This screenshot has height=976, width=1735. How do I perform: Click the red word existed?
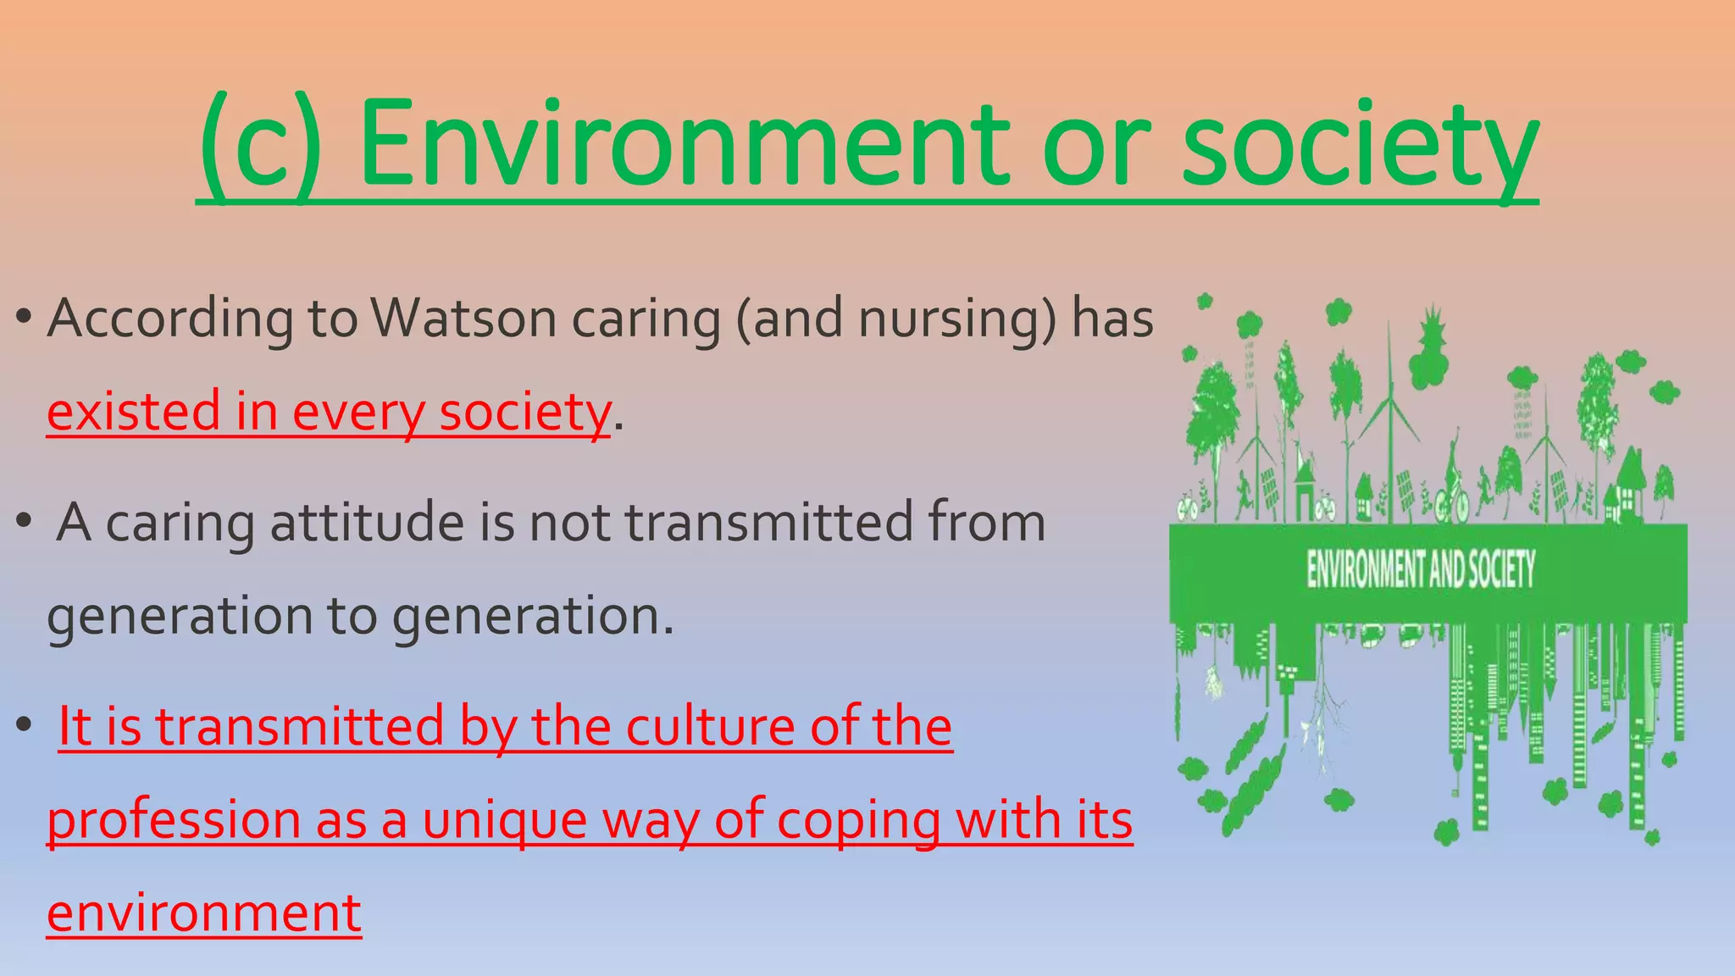click(134, 413)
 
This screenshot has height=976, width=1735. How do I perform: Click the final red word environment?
click(203, 913)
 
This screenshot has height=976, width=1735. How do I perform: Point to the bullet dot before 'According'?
click(24, 319)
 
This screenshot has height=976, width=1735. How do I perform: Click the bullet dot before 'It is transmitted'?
click(24, 726)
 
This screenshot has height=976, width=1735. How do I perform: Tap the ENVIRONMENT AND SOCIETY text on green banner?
click(1420, 568)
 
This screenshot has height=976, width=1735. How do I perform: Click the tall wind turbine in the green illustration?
click(1389, 407)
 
